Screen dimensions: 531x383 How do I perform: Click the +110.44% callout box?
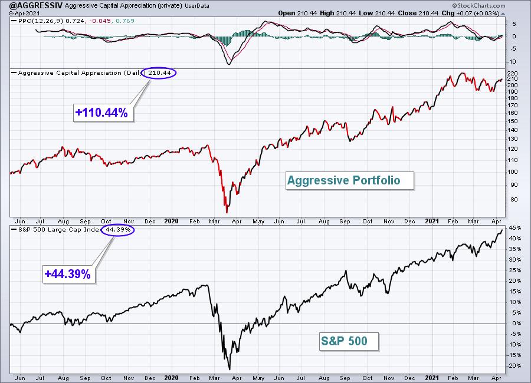(x=103, y=113)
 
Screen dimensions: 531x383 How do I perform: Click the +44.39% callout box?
(x=69, y=274)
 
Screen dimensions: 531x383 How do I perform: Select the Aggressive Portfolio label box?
(x=350, y=180)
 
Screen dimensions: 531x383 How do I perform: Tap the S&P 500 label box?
(x=349, y=341)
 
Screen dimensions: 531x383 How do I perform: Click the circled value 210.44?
(x=159, y=72)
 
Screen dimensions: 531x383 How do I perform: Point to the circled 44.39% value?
(x=117, y=230)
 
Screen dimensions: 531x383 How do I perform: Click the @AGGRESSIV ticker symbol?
(x=36, y=5)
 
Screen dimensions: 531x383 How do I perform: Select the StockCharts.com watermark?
(x=478, y=5)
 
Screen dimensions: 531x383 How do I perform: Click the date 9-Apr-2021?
(x=24, y=14)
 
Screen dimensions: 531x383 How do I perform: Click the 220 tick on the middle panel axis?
(x=513, y=74)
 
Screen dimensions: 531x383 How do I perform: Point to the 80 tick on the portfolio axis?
(x=514, y=199)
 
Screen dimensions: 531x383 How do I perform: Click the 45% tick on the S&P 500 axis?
(x=514, y=228)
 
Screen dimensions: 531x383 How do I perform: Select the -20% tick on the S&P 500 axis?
(x=514, y=366)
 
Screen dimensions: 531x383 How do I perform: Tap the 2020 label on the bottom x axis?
(x=171, y=378)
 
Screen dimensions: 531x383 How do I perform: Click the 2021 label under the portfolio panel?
(x=432, y=222)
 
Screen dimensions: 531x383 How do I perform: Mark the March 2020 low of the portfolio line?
(x=227, y=213)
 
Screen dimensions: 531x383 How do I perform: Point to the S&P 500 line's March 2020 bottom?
(x=230, y=369)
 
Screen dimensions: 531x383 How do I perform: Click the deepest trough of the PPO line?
(x=230, y=64)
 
